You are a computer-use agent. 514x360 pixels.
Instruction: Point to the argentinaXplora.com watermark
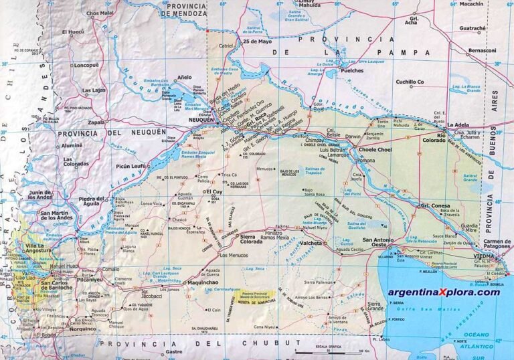coord(444,292)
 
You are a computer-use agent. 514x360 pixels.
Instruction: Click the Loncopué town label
coord(86,65)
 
